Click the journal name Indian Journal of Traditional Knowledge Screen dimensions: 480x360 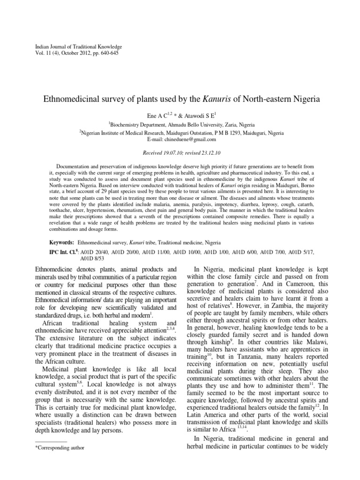coord(79,47)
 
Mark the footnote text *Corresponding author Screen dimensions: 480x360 coord(60,447)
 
